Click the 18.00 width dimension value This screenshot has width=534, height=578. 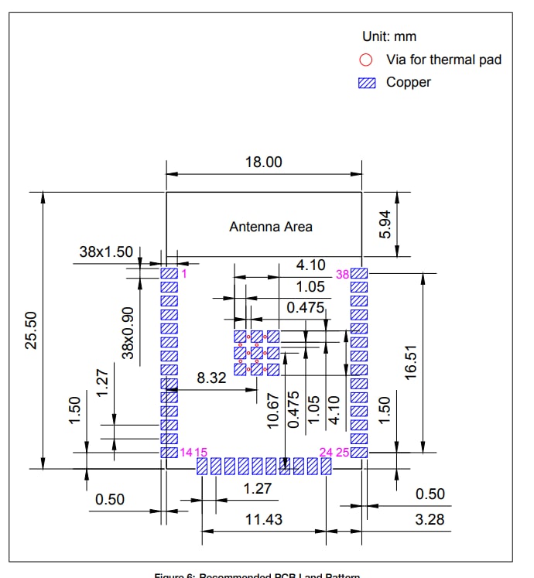pos(264,162)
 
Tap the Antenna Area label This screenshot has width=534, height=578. pos(271,227)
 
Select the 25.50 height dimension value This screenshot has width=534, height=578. pos(31,330)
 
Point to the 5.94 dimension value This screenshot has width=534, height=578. pos(386,224)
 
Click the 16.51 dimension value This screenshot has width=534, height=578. pos(411,362)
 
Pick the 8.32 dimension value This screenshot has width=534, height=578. pos(212,378)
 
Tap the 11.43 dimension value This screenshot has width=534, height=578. pos(264,519)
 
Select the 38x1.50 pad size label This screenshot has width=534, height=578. pos(106,252)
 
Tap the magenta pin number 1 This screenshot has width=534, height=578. pos(184,273)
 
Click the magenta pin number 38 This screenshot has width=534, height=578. pos(342,274)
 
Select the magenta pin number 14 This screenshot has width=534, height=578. pos(186,452)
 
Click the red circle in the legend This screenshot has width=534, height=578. pos(367,60)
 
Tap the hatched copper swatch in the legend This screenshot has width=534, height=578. pos(368,83)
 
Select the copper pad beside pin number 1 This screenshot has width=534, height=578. pos(169,273)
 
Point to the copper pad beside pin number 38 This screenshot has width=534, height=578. pos(358,273)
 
